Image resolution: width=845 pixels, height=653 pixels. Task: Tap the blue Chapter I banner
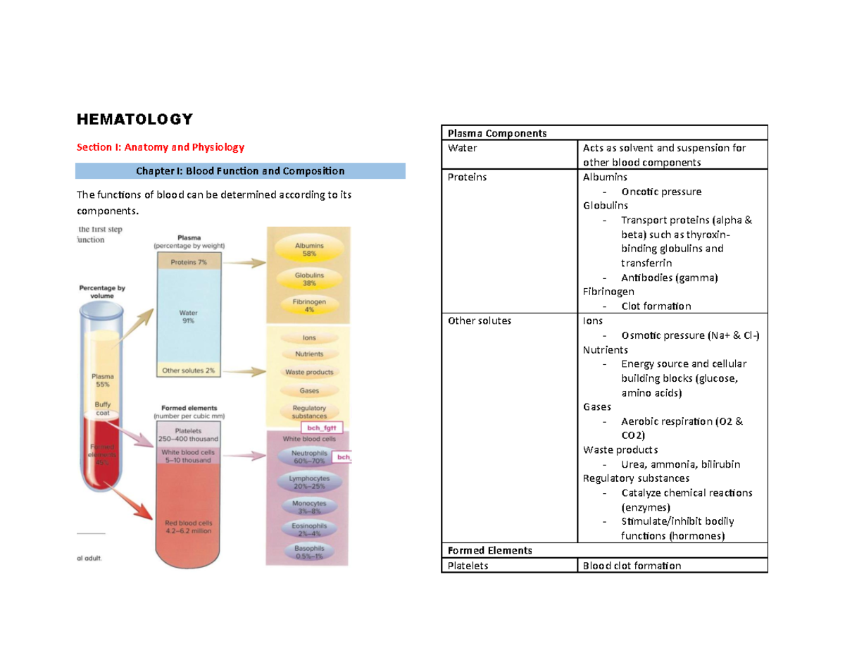(240, 171)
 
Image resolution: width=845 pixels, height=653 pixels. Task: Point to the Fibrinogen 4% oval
(308, 305)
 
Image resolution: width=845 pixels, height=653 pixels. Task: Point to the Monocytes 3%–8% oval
(308, 507)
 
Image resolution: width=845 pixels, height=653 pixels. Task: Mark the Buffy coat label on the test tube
(103, 409)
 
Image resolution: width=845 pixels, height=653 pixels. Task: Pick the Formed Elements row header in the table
(487, 550)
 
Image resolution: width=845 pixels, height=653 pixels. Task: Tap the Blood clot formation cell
(632, 565)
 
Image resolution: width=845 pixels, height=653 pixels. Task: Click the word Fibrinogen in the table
(608, 292)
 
